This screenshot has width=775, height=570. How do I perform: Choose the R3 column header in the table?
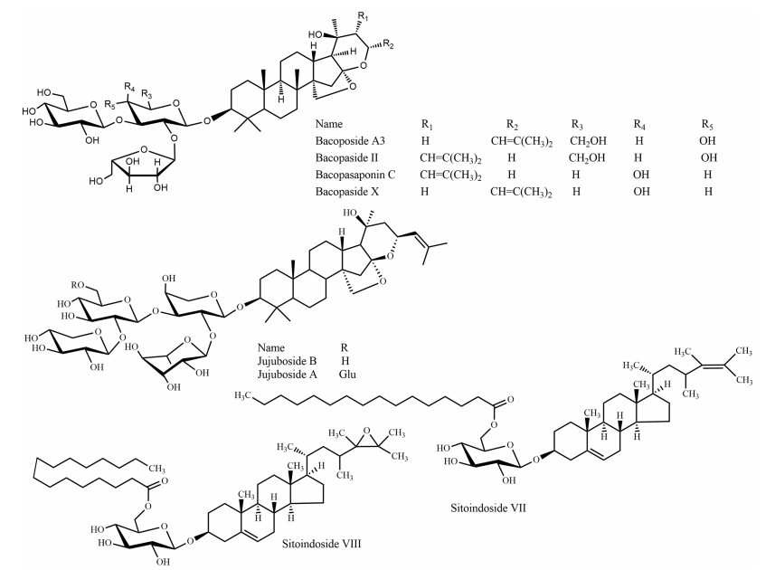click(x=577, y=121)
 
